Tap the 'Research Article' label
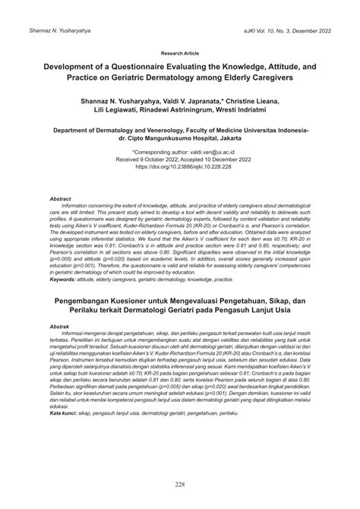[180, 55]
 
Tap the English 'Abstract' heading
[61, 198]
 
